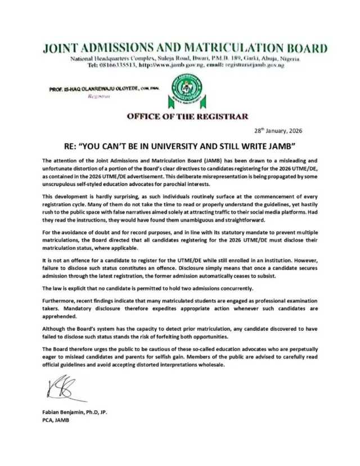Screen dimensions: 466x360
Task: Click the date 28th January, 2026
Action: click(278, 131)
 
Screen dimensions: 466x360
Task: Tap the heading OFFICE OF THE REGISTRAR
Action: click(179, 116)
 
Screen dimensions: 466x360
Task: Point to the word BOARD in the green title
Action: click(304, 48)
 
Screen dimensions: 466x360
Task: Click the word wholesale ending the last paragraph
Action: click(209, 364)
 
